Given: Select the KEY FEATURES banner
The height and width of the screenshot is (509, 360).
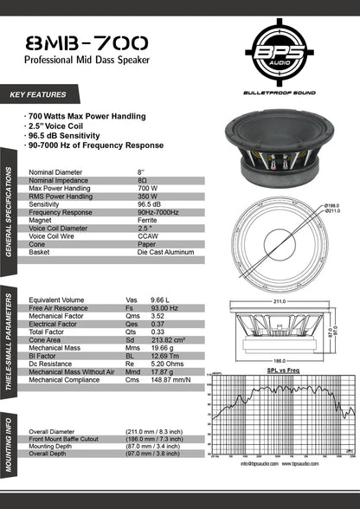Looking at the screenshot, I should point(38,93).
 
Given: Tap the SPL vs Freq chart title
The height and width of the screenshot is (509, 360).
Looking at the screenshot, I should point(283,370).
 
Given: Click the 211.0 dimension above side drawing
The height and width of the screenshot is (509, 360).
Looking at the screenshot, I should point(280,302).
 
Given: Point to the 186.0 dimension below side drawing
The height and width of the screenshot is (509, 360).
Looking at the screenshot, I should point(279,360).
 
